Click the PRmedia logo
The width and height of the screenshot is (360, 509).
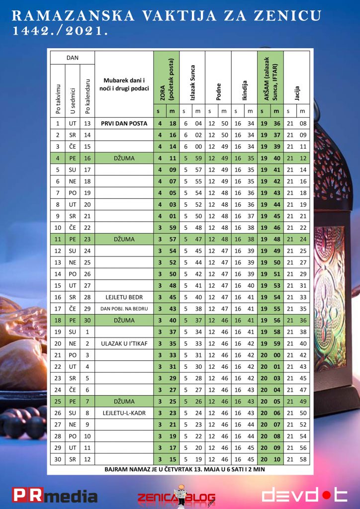(55, 496)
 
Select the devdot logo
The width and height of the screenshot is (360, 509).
(304, 495)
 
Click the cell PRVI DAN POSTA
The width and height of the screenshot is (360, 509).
(124, 123)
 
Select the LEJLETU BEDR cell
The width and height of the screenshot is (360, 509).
(124, 297)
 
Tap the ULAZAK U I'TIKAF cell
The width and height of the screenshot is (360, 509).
(124, 343)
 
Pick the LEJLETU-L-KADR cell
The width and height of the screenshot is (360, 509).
(124, 413)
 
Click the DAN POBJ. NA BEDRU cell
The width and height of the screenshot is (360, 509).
(124, 309)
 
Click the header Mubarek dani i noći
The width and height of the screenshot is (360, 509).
(124, 84)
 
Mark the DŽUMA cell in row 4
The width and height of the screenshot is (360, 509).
(124, 158)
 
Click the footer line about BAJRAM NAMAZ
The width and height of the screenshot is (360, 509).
(179, 469)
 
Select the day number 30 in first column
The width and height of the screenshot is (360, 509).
(58, 459)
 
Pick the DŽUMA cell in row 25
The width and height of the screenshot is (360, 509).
(124, 402)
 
